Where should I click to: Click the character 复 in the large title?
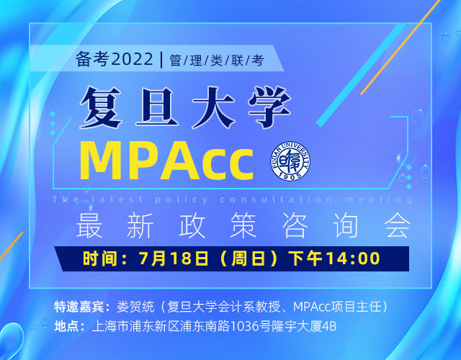pos(108,107)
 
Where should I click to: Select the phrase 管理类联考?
pos(217,60)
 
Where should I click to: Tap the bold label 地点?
pos(69,326)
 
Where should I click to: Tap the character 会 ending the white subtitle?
pos(395,226)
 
